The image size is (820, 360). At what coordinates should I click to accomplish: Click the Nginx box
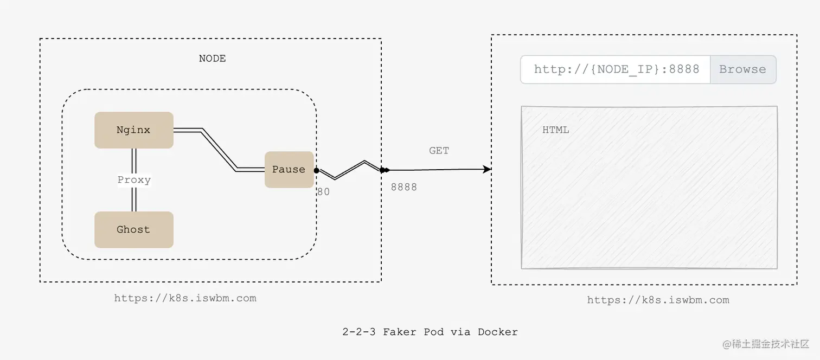click(x=133, y=130)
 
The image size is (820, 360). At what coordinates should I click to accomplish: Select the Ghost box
click(x=133, y=229)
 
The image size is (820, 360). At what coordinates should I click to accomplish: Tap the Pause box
click(x=289, y=170)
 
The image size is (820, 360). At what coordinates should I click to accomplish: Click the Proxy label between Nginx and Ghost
click(x=134, y=180)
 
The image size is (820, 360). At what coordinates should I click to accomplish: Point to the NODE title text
click(x=212, y=59)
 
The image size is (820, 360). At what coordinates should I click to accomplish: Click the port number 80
click(x=323, y=191)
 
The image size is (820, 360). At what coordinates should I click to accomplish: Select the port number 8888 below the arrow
click(x=404, y=187)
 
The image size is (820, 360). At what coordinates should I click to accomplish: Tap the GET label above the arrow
click(x=439, y=151)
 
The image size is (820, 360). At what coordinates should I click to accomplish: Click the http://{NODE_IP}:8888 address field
click(x=616, y=69)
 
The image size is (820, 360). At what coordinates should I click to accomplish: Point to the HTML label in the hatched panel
click(x=555, y=130)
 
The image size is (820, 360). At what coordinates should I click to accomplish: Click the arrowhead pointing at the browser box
click(x=487, y=169)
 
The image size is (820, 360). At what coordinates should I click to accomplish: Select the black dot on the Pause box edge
click(x=316, y=170)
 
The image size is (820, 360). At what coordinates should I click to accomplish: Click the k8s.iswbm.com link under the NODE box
click(x=185, y=298)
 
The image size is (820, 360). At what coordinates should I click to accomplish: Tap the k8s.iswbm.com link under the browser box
click(x=658, y=300)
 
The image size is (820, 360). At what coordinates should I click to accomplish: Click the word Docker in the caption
click(x=497, y=332)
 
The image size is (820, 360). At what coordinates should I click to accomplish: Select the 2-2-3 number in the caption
click(x=358, y=332)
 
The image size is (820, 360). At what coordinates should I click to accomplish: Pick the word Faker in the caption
click(x=399, y=332)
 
